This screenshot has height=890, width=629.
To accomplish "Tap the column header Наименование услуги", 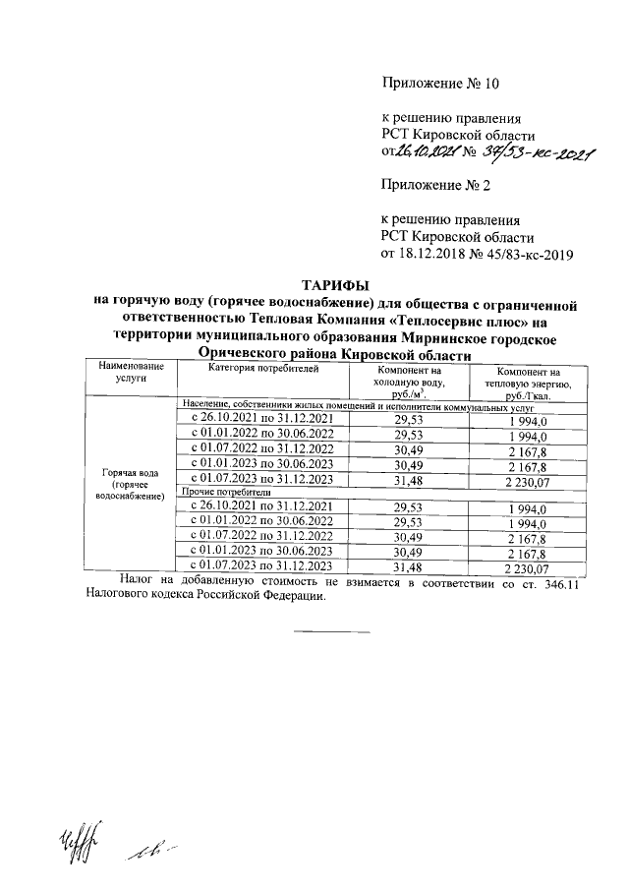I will tap(130, 371).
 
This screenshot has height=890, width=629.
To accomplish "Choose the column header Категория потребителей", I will tap(263, 367).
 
